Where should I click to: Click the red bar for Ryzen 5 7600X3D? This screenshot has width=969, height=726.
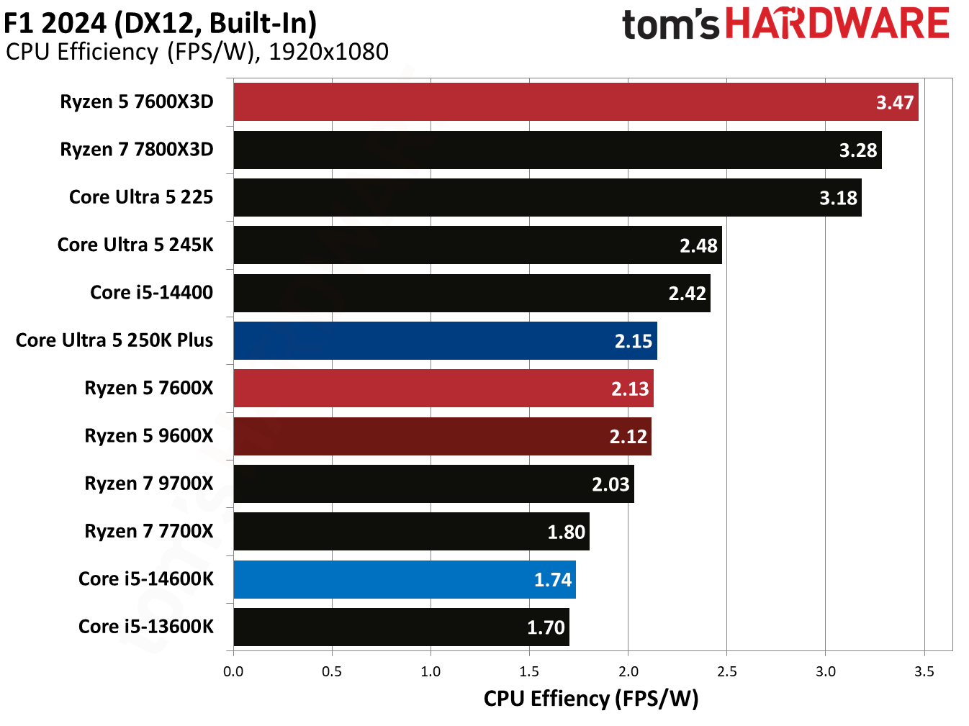tap(576, 102)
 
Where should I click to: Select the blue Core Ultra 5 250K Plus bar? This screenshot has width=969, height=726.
tap(445, 341)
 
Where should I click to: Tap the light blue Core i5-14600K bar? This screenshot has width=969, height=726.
tap(405, 580)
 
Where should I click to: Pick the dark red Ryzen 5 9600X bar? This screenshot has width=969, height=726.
tap(442, 437)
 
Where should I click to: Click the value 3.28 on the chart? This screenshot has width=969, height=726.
tap(857, 150)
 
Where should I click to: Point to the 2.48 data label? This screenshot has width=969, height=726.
tap(698, 246)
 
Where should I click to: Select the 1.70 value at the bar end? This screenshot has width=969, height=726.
tap(546, 628)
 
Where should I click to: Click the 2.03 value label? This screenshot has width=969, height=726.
tap(610, 485)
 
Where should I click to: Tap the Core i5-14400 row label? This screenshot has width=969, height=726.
tap(151, 293)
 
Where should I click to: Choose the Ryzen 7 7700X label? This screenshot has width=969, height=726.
tap(149, 532)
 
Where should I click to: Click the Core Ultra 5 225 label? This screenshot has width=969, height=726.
tap(141, 197)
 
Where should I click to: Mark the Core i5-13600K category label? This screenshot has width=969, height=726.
tap(146, 627)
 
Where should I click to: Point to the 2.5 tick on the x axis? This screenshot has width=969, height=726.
tap(727, 672)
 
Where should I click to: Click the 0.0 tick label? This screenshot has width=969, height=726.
tap(233, 672)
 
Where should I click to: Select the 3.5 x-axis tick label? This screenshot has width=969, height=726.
tap(924, 672)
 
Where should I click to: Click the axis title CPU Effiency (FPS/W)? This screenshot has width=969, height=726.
tap(591, 699)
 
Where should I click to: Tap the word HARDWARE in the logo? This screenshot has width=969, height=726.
tap(837, 24)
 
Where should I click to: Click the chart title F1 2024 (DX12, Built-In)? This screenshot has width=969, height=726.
tap(161, 23)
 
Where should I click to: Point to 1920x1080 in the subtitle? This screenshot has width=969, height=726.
tap(328, 52)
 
